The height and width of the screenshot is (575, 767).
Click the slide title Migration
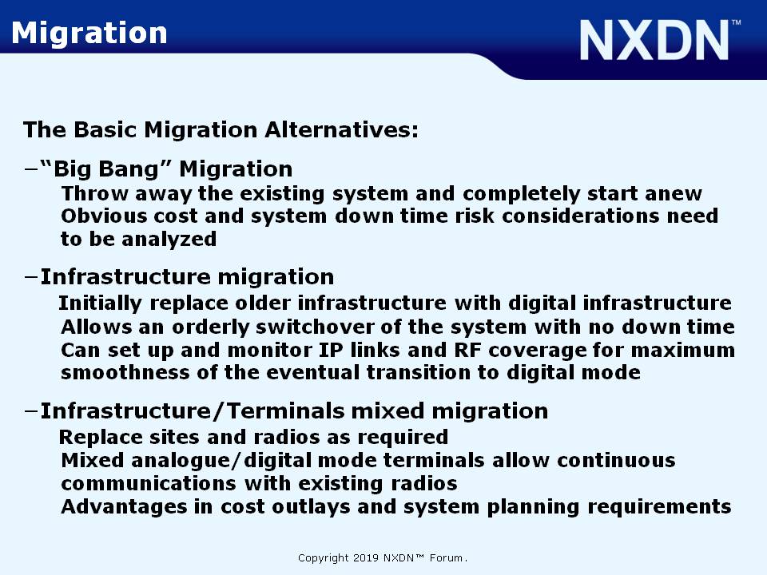tap(89, 34)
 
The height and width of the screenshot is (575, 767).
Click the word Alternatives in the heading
tap(341, 130)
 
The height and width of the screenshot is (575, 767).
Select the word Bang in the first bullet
tap(129, 169)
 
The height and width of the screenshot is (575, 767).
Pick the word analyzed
tap(169, 240)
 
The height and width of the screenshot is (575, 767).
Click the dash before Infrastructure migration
tap(31, 277)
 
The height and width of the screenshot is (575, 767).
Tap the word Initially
tap(100, 303)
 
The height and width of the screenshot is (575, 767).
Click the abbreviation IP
tap(331, 350)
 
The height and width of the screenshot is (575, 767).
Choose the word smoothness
tap(125, 373)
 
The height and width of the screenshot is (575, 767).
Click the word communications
tap(149, 484)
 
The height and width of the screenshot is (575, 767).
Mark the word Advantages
tap(124, 507)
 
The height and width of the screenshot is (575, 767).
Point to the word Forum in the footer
tap(446, 558)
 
